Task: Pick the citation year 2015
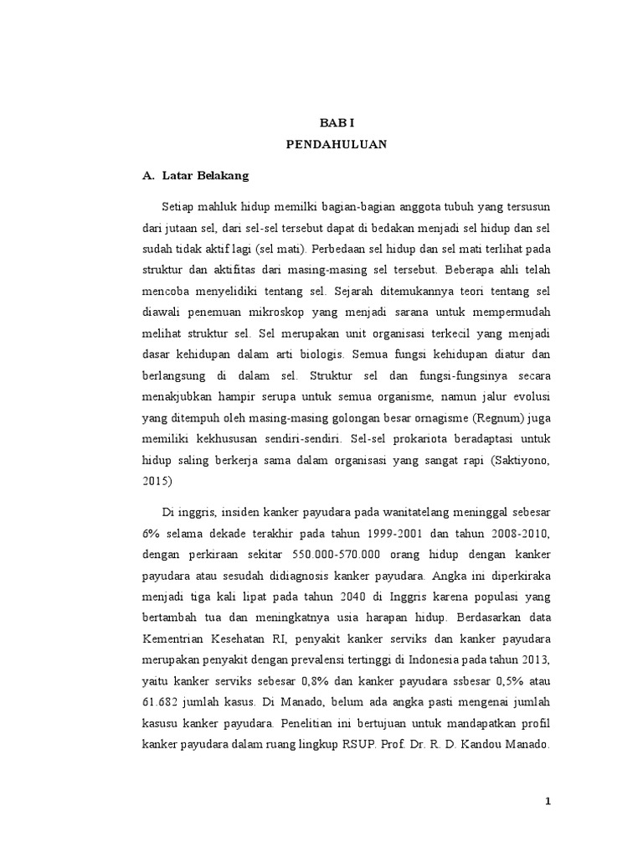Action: [157, 482]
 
